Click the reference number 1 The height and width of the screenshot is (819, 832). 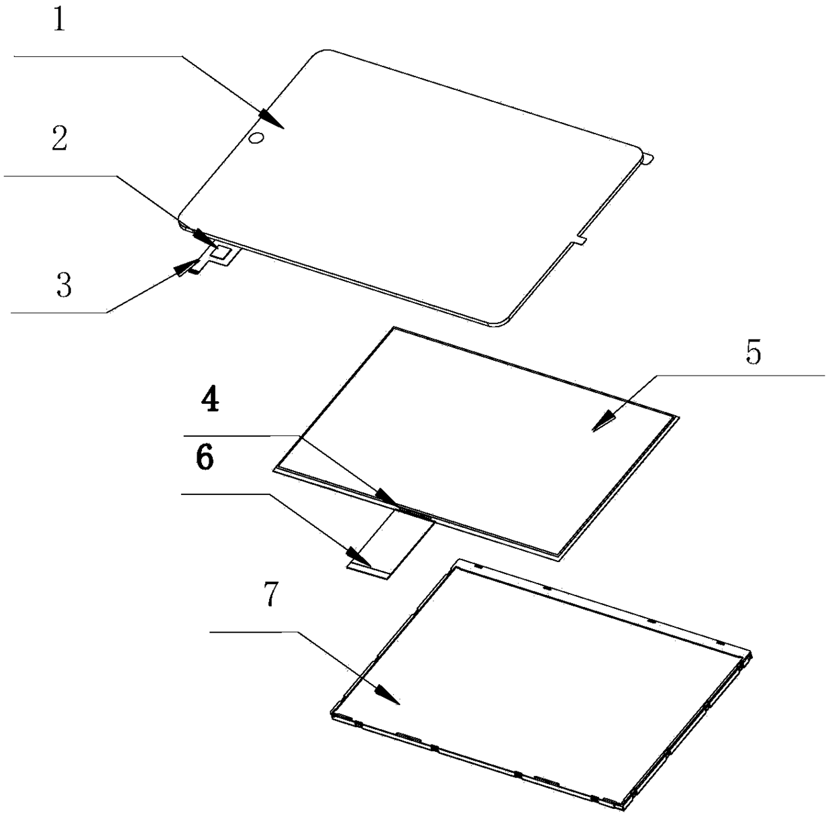61,21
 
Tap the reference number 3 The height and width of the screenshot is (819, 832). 64,286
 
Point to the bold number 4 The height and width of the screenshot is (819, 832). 210,401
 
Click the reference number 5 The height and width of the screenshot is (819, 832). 754,353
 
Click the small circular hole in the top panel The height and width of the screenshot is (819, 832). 256,138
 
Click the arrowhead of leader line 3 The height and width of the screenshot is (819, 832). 185,268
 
